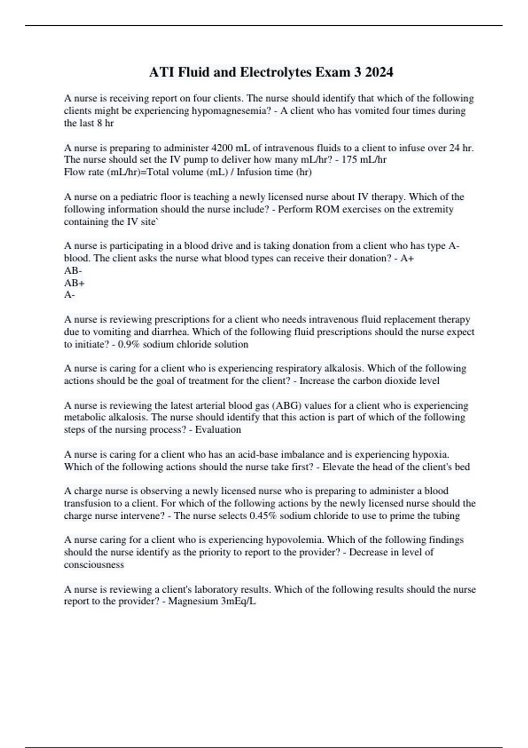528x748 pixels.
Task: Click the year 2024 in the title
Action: click(379, 72)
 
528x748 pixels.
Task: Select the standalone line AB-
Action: click(73, 270)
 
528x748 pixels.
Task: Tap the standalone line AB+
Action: click(74, 282)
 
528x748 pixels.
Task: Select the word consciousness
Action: click(94, 565)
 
